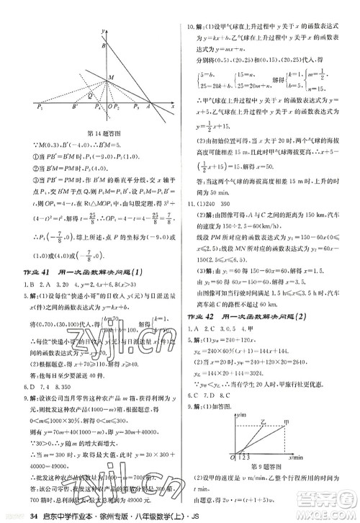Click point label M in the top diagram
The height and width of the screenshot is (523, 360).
[110, 77]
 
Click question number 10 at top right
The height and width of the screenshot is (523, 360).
[192, 28]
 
